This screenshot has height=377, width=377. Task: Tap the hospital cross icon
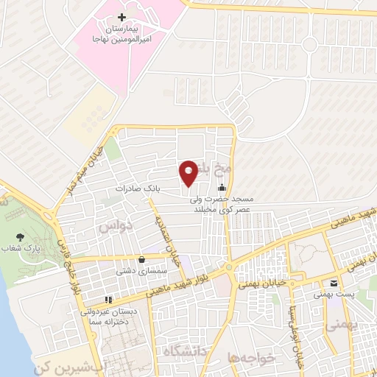[x=122, y=17]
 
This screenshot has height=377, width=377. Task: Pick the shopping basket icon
[x=141, y=259]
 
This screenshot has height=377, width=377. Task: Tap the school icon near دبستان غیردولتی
[x=108, y=300]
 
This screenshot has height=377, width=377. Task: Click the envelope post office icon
[x=334, y=283]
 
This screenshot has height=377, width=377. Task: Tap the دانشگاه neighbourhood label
[x=183, y=349]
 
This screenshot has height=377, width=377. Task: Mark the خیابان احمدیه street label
[x=166, y=243]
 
